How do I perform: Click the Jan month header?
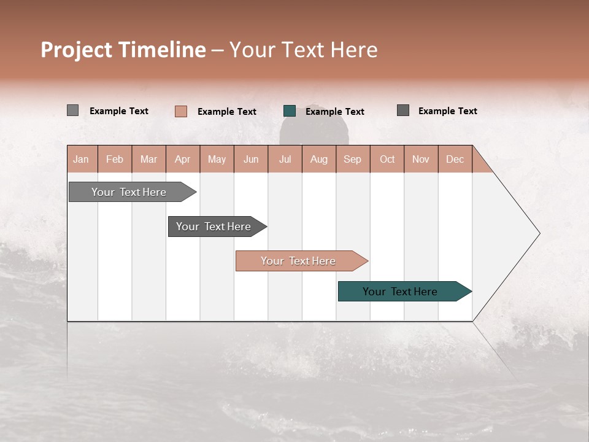[81, 159]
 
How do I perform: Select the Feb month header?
[115, 159]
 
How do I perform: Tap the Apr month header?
[183, 159]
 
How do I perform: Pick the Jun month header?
[251, 159]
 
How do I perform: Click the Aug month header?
[319, 159]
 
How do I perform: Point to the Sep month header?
[353, 159]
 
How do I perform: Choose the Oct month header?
[387, 159]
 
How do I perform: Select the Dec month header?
[455, 159]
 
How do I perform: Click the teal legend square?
[290, 111]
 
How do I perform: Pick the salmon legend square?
[181, 111]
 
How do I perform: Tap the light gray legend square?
[72, 110]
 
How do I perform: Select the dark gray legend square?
[403, 110]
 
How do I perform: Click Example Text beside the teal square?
[335, 111]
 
